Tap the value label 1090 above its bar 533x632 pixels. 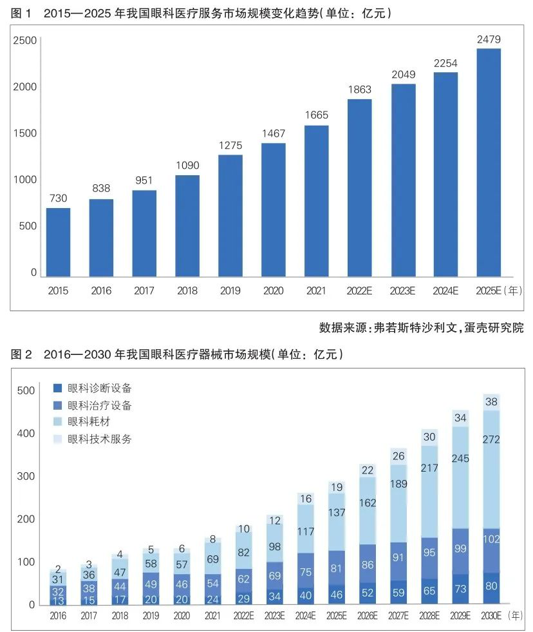187,165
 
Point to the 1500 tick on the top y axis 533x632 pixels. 25,133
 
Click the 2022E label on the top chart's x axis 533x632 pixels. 359,291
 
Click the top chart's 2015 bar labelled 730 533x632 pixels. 58,242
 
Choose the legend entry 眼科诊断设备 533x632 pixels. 99,388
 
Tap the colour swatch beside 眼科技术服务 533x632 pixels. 57,439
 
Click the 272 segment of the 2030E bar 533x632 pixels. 492,439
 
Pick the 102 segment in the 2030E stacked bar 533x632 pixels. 492,539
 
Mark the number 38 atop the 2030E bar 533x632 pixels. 492,401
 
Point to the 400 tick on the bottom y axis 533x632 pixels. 26,434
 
